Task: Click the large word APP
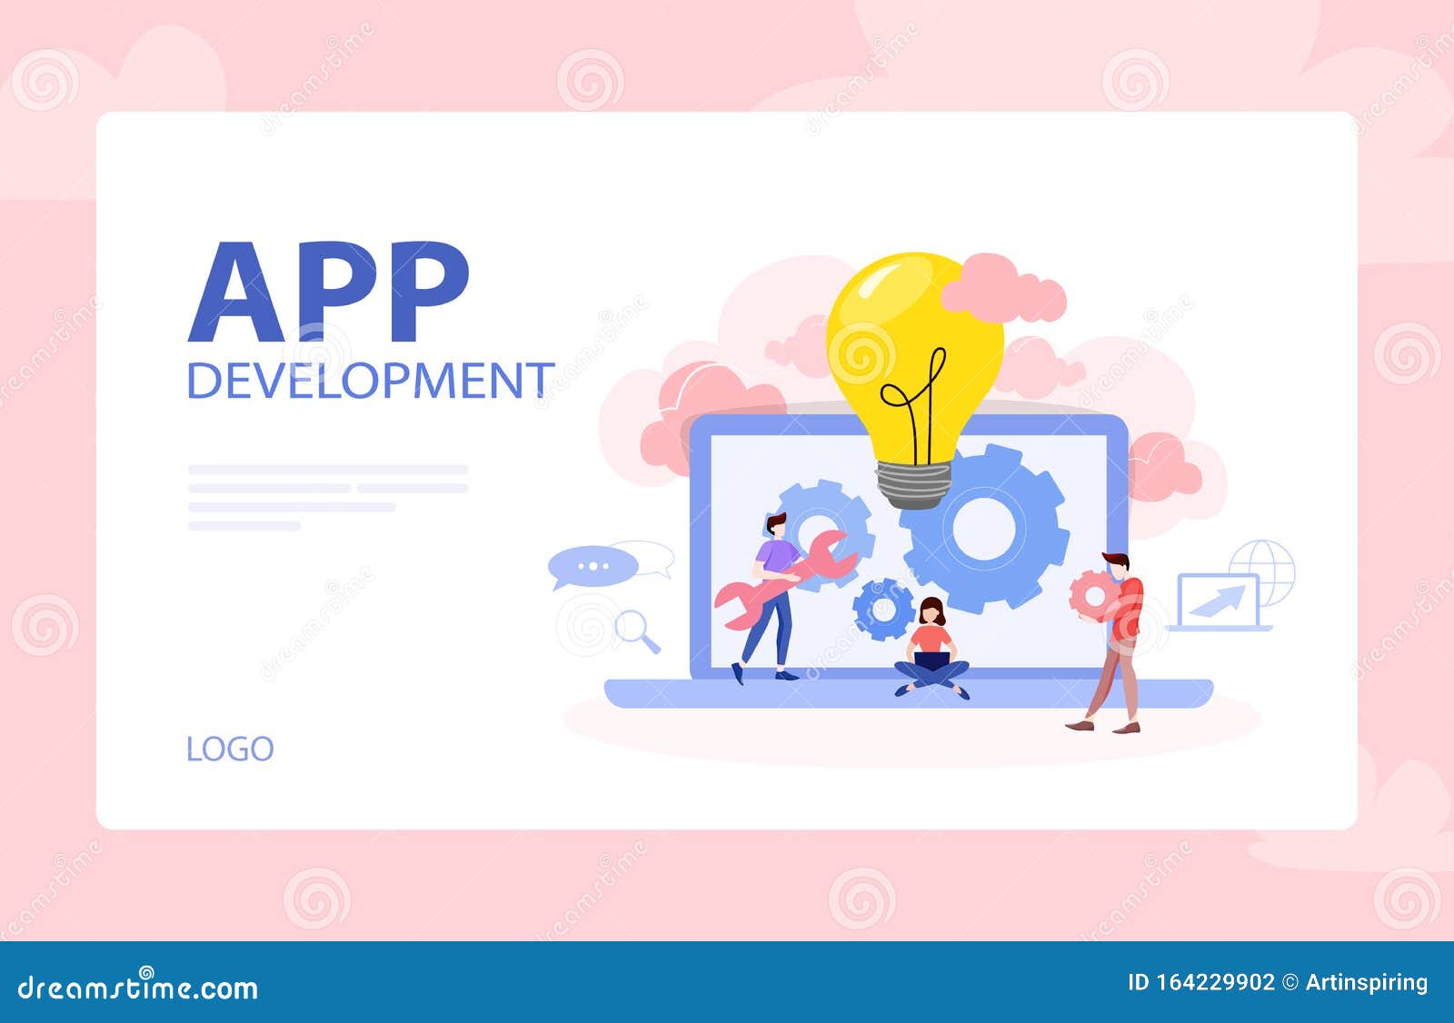(329, 293)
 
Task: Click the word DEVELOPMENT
(370, 380)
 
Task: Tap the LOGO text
(230, 750)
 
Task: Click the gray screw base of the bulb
(913, 484)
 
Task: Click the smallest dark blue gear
(883, 609)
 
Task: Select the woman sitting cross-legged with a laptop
(932, 650)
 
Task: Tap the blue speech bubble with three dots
(592, 566)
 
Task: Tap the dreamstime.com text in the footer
(138, 987)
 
